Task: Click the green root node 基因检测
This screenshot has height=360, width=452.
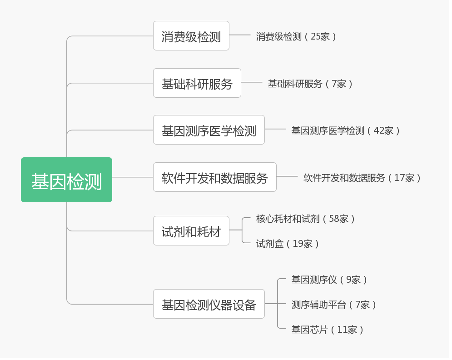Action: pos(66,180)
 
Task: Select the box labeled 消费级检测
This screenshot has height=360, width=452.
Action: pos(191,36)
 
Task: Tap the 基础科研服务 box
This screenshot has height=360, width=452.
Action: pos(197,83)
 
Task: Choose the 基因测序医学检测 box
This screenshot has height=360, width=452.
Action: pos(209,130)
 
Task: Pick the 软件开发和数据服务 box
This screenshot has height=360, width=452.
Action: pos(214,177)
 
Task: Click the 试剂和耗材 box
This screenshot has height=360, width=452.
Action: pos(191,231)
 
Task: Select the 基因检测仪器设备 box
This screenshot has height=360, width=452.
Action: pos(209,304)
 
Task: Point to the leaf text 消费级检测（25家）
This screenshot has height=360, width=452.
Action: pos(296,36)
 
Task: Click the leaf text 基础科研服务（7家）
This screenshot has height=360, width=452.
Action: pos(310,84)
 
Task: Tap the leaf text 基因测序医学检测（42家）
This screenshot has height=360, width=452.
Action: pos(345,130)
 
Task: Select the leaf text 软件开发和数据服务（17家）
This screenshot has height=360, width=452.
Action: pos(362,178)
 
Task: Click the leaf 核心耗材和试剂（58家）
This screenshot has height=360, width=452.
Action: pos(305,219)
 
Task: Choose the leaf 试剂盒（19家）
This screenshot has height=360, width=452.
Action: pos(287,244)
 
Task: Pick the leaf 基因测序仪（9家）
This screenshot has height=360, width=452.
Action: pos(329,280)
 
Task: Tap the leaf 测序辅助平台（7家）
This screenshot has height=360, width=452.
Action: pos(333,305)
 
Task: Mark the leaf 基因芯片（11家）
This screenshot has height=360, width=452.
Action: pos(327,330)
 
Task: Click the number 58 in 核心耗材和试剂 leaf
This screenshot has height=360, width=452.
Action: pos(334,219)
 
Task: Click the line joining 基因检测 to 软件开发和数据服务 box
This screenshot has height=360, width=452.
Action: pos(133,177)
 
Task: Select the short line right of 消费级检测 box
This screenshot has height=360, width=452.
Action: pos(240,35)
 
